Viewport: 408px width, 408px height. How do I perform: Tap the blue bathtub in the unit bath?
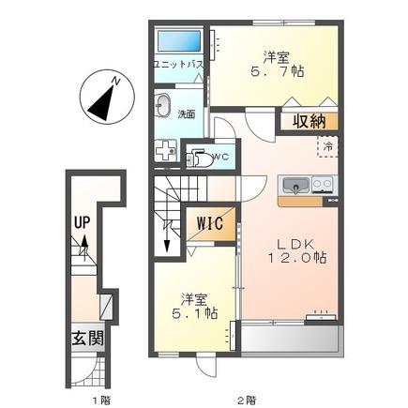point(177,42)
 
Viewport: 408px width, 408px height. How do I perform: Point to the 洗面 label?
point(187,113)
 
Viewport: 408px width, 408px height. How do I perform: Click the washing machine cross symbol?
point(166,152)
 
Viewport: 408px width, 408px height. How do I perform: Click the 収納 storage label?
point(308,120)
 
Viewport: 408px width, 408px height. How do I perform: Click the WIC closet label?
point(209,225)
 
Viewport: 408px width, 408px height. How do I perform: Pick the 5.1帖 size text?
point(192,314)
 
